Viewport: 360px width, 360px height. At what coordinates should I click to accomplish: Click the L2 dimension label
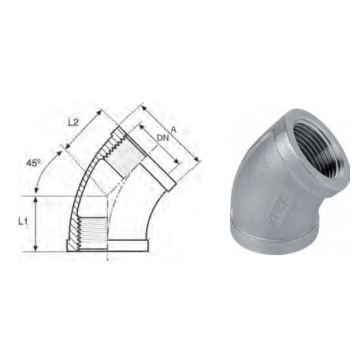pos(73,122)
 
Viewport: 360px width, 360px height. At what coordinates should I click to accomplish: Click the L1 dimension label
pos(23,222)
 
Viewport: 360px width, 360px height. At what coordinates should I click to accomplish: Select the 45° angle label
pos(34,163)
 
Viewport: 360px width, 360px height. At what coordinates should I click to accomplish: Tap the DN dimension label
pos(162,138)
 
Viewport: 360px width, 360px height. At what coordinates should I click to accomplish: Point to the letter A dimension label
pos(173,129)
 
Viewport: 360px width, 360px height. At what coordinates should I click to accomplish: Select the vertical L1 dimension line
pos(36,224)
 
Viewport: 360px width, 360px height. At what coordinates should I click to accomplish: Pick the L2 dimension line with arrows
pos(83,129)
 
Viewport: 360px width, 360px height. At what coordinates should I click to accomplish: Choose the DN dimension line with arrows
pos(159,144)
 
